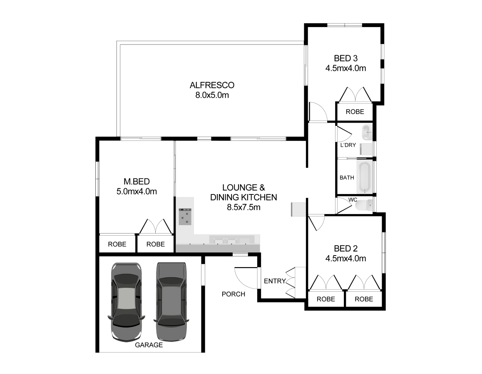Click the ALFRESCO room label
tap(212, 85)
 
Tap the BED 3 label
tap(345, 58)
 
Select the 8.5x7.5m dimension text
tap(243, 207)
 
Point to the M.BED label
tap(137, 182)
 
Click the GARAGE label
tap(149, 345)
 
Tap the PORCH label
tap(234, 294)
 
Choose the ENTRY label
tap(275, 281)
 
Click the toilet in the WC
tap(364, 204)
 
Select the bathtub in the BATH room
tap(364, 177)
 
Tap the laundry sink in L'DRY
tap(367, 132)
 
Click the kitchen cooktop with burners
tap(185, 217)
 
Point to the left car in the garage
tap(127, 302)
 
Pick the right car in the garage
tap(171, 302)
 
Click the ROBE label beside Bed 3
tap(355, 112)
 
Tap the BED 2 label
tap(345, 249)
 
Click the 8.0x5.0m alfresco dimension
tap(212, 95)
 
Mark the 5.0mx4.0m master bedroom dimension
tap(137, 192)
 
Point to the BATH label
tap(347, 177)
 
